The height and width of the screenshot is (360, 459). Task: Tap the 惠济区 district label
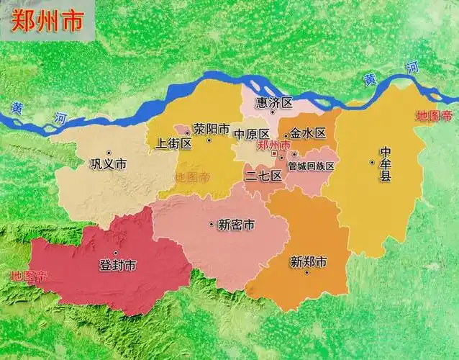(278, 103)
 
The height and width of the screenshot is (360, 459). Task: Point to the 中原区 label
(251, 135)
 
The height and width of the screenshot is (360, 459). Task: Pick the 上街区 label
(173, 143)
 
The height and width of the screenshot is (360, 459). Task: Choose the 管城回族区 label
(311, 166)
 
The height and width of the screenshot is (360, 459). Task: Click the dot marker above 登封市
(116, 253)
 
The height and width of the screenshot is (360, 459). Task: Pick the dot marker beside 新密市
(212, 225)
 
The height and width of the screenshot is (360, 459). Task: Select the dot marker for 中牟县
(373, 162)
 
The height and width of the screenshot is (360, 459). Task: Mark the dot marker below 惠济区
(273, 113)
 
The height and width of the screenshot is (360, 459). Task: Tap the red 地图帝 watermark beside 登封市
(29, 275)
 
